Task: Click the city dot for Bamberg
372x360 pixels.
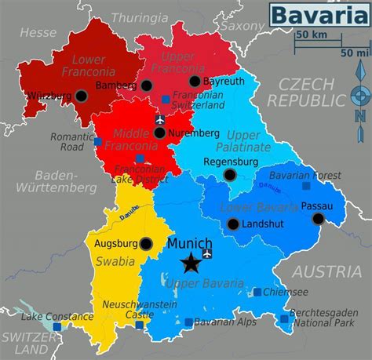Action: [147, 85]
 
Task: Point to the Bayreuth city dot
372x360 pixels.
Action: [195, 81]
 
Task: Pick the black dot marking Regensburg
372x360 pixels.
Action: [229, 174]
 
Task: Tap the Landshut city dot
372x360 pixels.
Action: [233, 224]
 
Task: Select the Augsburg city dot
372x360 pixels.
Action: [146, 244]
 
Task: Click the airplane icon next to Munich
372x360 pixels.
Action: [207, 254]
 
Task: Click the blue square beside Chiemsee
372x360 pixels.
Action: [257, 293]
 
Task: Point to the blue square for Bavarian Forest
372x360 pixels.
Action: [305, 186]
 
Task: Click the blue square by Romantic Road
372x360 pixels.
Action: [98, 142]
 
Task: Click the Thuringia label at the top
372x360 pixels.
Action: [139, 16]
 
